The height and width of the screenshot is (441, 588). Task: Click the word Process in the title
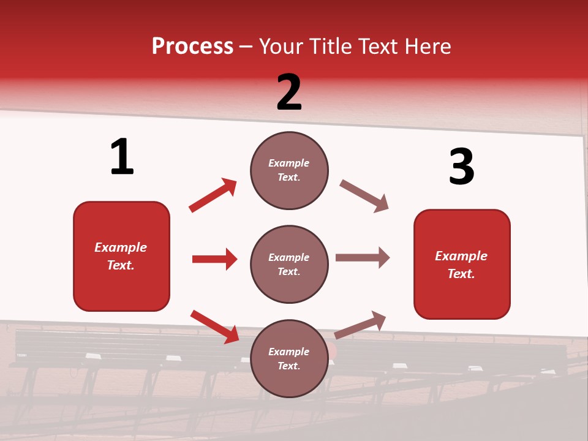[192, 47]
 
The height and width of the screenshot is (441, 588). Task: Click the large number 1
[122, 157]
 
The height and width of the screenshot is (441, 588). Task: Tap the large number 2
[289, 92]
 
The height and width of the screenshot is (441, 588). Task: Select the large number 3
[461, 167]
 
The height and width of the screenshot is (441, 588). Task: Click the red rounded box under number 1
[121, 256]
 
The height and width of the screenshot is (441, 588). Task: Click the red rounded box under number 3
[462, 264]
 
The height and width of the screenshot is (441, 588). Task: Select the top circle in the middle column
[289, 170]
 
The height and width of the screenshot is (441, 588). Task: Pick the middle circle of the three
[289, 264]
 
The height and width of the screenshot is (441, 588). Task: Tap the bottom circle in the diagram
[289, 358]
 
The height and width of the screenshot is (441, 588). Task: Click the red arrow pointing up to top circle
[213, 195]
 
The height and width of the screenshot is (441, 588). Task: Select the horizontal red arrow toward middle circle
[214, 259]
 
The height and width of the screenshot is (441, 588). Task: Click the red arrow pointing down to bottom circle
[214, 326]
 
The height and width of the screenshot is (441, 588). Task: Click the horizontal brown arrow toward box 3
[363, 258]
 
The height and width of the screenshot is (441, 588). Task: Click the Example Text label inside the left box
[121, 256]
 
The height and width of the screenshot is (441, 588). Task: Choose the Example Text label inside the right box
[461, 265]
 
